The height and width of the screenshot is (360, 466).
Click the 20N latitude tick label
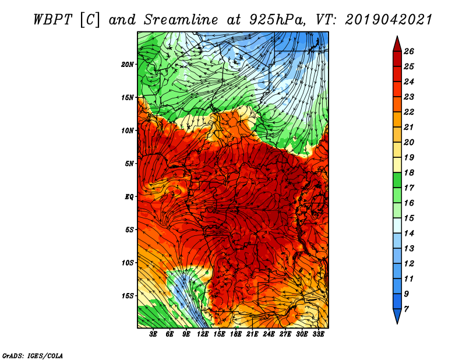[128, 65]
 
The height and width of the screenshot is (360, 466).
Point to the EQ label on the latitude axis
[129, 197]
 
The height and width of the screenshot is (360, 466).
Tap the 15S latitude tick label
[128, 296]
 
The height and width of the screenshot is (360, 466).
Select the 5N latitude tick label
[129, 164]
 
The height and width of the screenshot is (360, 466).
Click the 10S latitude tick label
[128, 263]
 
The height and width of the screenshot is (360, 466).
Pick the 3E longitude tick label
[153, 334]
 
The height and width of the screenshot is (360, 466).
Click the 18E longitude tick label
[235, 334]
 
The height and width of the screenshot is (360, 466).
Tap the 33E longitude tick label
[318, 334]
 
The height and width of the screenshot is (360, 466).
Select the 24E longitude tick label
[269, 334]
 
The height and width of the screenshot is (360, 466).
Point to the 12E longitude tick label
[202, 334]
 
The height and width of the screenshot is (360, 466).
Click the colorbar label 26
[409, 51]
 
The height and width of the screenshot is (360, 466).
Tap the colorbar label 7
[406, 309]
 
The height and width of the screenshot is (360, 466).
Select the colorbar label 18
[409, 172]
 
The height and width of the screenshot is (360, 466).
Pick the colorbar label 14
[409, 234]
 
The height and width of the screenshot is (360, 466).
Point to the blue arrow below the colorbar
[397, 315]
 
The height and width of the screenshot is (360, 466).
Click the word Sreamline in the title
[181, 20]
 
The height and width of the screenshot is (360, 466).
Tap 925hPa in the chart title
[277, 20]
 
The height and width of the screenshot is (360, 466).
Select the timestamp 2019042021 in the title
[389, 20]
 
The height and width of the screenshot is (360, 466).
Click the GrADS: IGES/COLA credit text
[33, 356]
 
